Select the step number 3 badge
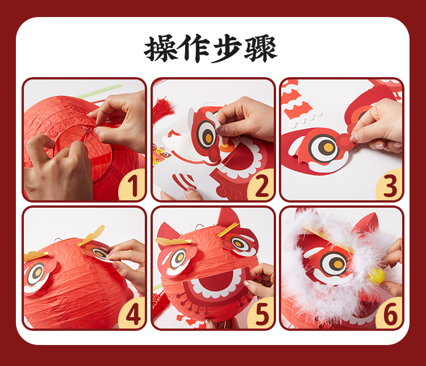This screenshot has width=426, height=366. tap(390, 187)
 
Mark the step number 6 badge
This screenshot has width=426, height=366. tap(390, 315)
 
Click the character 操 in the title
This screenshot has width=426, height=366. tap(161, 49)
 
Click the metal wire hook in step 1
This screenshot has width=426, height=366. tap(86, 135)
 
